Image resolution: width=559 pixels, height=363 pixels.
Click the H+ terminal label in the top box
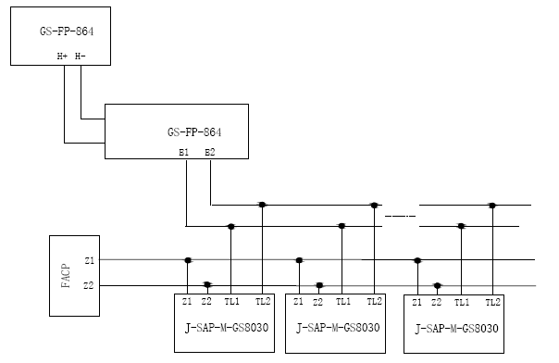(x=63, y=56)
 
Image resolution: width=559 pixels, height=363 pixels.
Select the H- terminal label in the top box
(x=81, y=56)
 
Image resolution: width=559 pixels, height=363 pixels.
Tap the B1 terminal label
(x=185, y=151)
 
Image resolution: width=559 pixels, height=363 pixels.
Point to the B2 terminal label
(x=210, y=151)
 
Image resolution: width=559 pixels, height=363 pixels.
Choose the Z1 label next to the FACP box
(x=88, y=261)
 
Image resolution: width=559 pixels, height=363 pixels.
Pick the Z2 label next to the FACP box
(x=88, y=286)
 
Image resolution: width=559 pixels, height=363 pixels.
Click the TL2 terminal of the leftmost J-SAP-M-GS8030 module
(x=263, y=302)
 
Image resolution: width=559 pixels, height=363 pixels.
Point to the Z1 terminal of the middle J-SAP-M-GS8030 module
(x=298, y=302)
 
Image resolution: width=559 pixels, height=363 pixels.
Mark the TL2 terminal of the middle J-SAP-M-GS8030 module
(x=374, y=302)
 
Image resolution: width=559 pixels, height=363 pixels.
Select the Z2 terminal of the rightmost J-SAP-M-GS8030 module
(x=436, y=302)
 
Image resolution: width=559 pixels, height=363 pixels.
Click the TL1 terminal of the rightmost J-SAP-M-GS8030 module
(x=461, y=302)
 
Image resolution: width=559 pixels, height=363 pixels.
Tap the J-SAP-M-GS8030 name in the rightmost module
(x=457, y=328)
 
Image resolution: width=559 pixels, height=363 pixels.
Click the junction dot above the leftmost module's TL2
(x=263, y=205)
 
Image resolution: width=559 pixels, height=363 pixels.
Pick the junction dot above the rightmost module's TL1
(x=461, y=225)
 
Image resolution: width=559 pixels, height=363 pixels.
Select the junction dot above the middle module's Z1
(x=298, y=260)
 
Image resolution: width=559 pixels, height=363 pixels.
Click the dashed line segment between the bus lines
(x=400, y=216)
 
